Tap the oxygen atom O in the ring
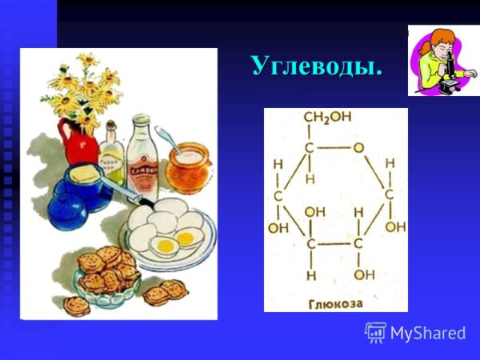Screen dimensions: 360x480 tap(359, 147)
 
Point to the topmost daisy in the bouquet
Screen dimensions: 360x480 tap(87, 61)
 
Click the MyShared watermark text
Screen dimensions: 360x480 tap(428, 332)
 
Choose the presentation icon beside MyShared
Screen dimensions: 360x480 tap(376, 332)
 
